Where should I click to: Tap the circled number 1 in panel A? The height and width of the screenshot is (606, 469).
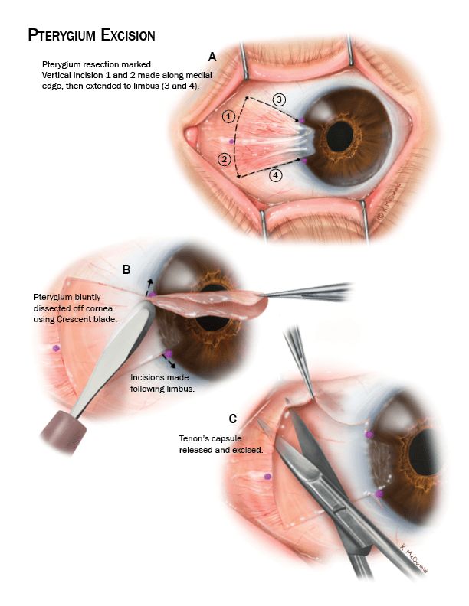coord(228,117)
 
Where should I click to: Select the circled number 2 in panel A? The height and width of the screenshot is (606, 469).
coord(224,159)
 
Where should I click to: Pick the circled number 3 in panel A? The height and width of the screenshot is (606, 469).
coord(280,100)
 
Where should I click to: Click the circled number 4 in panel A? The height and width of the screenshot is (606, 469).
coord(275,175)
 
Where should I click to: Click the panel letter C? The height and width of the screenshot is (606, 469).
coord(232,418)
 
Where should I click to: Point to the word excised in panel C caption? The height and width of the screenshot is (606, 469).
coord(246,451)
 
